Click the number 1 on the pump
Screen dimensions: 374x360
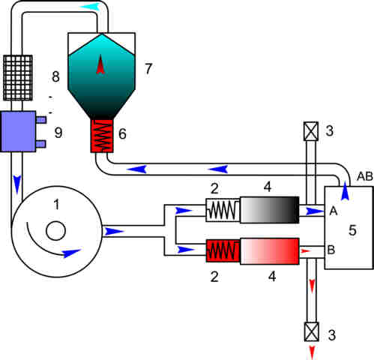57,205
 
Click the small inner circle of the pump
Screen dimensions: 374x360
56,231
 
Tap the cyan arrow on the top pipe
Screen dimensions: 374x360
91,6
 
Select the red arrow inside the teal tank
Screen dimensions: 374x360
100,64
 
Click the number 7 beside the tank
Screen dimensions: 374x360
148,68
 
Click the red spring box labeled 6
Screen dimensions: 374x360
102,136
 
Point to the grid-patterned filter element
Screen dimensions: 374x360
18,78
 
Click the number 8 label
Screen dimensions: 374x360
55,76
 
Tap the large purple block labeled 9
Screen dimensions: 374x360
18,131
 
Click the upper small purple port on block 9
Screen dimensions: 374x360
41,120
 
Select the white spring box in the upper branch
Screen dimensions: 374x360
223,210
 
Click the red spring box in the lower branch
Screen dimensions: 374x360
223,250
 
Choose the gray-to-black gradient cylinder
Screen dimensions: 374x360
270,210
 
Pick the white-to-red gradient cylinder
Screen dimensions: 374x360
270,251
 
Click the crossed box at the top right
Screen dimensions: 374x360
311,131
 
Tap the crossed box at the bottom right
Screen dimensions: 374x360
312,331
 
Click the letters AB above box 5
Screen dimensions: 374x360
365,176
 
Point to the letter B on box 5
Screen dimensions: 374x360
331,250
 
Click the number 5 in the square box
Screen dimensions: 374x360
352,230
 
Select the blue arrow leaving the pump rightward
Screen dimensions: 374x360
114,232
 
